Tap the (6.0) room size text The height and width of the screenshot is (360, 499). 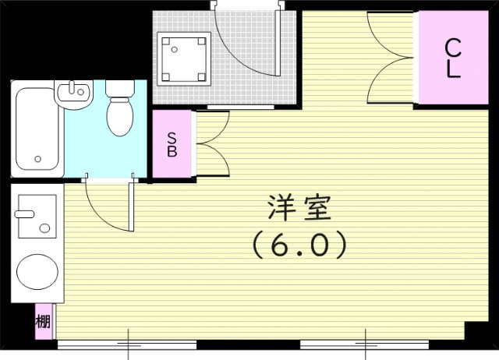[x=299, y=246]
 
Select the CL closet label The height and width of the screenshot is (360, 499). [x=452, y=58]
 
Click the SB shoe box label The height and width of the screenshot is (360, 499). [x=172, y=146]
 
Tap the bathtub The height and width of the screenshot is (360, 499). [x=37, y=129]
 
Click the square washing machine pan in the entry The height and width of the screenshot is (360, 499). [x=184, y=58]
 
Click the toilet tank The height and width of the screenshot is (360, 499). [x=119, y=89]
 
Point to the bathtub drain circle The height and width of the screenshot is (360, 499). [x=37, y=161]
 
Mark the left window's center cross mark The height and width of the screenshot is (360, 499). [x=129, y=342]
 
